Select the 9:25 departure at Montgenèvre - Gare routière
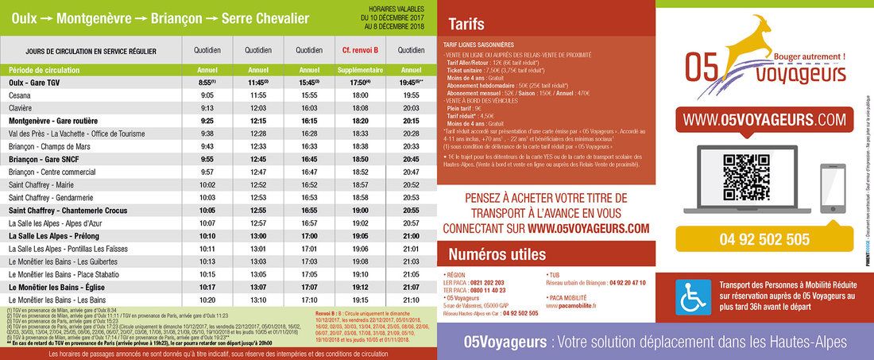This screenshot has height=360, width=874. tap(207, 121)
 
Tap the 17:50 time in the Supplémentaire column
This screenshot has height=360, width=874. tap(360, 82)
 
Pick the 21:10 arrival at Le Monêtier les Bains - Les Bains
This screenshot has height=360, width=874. tap(411, 300)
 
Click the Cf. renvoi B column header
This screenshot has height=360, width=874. tap(360, 50)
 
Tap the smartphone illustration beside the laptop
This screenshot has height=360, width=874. tap(830, 182)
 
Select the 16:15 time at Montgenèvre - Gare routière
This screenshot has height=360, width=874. tap(309, 121)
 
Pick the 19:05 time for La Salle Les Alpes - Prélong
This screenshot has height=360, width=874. tap(360, 236)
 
